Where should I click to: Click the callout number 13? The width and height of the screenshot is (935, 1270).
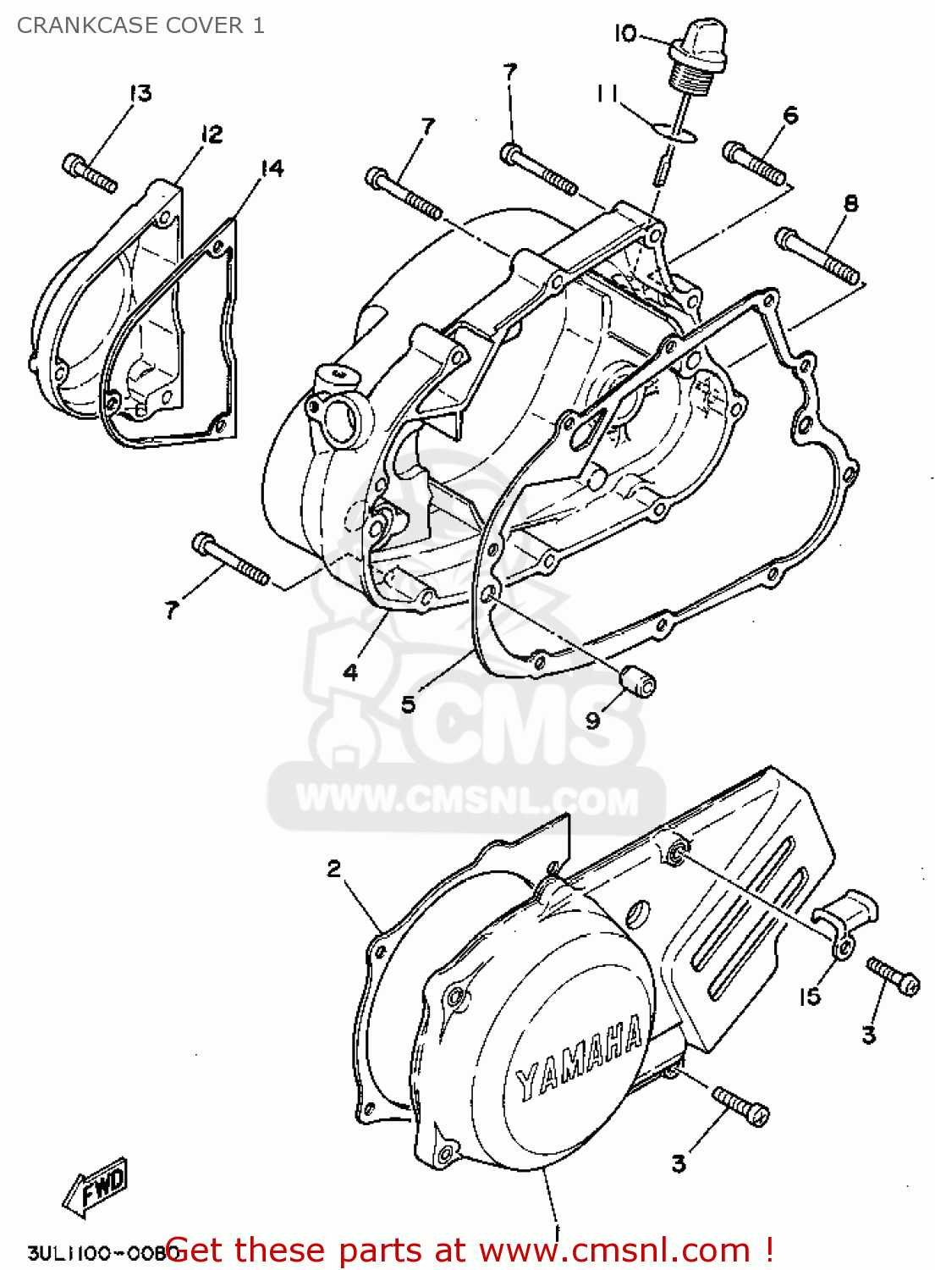(x=140, y=92)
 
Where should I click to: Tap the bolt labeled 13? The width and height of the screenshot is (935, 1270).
(x=88, y=173)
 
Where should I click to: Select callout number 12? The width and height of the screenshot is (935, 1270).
(x=212, y=134)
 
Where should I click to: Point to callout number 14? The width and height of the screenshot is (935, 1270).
(x=272, y=168)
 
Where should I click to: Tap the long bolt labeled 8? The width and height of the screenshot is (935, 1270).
(x=817, y=255)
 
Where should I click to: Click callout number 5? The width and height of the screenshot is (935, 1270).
(x=409, y=704)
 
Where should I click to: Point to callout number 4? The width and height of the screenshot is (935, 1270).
(x=350, y=672)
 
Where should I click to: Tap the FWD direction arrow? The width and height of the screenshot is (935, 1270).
(x=96, y=1186)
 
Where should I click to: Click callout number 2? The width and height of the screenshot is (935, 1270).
(x=334, y=869)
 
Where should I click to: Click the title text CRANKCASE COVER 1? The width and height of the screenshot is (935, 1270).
(x=140, y=25)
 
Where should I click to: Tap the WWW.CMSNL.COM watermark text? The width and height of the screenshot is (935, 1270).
(x=467, y=799)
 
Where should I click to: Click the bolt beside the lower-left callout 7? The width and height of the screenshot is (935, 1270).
(x=230, y=559)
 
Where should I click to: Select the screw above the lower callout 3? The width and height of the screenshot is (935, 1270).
(x=740, y=1105)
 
